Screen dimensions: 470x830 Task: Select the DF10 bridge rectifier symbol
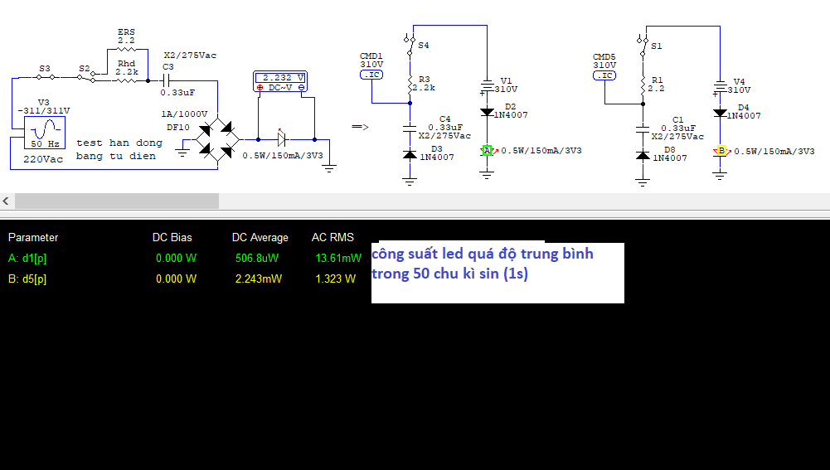pyautogui.click(x=218, y=139)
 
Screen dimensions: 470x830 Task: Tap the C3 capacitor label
pyautogui.click(x=168, y=66)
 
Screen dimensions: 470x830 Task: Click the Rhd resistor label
pyautogui.click(x=126, y=62)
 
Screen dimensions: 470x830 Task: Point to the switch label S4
pyautogui.click(x=424, y=46)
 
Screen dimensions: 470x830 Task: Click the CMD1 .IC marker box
pyautogui.click(x=371, y=75)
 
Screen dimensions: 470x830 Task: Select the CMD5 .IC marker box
pyautogui.click(x=604, y=75)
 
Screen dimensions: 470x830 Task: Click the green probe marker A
pyautogui.click(x=488, y=150)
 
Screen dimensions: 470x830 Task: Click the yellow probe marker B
pyautogui.click(x=721, y=151)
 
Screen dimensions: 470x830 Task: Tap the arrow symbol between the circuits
pyautogui.click(x=360, y=127)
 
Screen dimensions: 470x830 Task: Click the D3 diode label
pyautogui.click(x=437, y=149)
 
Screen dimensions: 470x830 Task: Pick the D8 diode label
pyautogui.click(x=669, y=150)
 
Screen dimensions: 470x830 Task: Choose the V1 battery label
pyautogui.click(x=507, y=80)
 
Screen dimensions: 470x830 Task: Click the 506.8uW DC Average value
pyautogui.click(x=256, y=258)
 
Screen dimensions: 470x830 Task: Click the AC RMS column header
pyautogui.click(x=332, y=237)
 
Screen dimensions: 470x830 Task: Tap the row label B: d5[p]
pyautogui.click(x=27, y=279)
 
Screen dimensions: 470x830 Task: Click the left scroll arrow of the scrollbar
pyautogui.click(x=6, y=201)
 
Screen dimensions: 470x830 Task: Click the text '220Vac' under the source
pyautogui.click(x=43, y=158)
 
